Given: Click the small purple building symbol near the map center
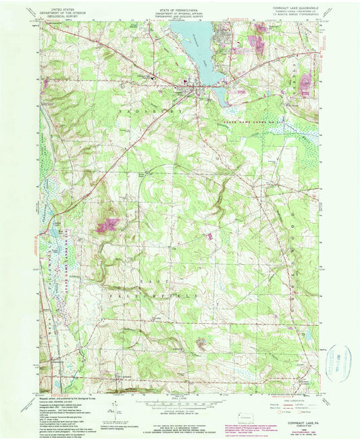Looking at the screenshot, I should pyautogui.click(x=210, y=236).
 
